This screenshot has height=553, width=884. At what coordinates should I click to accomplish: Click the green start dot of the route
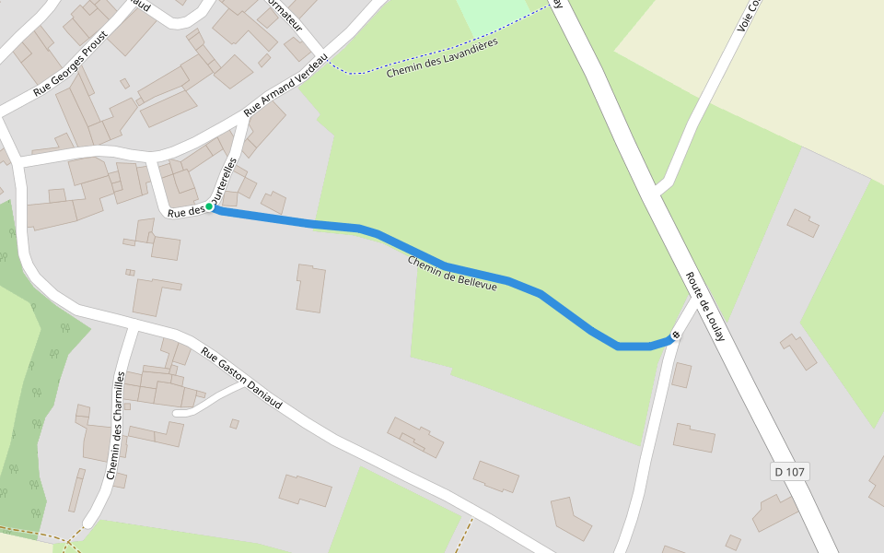(209, 206)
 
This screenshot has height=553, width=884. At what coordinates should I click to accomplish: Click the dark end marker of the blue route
(676, 335)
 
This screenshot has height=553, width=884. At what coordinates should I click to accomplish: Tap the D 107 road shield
(789, 472)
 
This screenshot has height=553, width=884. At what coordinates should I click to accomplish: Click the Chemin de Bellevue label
(452, 275)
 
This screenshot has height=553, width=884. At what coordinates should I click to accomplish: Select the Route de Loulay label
(706, 307)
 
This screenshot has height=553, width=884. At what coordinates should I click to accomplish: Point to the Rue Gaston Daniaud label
(241, 378)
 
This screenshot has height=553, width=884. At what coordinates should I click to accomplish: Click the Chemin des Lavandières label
(442, 57)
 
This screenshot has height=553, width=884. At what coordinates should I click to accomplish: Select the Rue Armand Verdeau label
(285, 84)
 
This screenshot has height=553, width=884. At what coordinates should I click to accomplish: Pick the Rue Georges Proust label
(70, 63)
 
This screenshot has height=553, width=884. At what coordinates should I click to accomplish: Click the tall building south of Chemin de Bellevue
(310, 288)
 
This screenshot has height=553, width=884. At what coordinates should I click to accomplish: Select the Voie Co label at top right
(749, 16)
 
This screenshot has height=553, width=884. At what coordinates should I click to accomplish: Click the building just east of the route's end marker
(681, 374)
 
